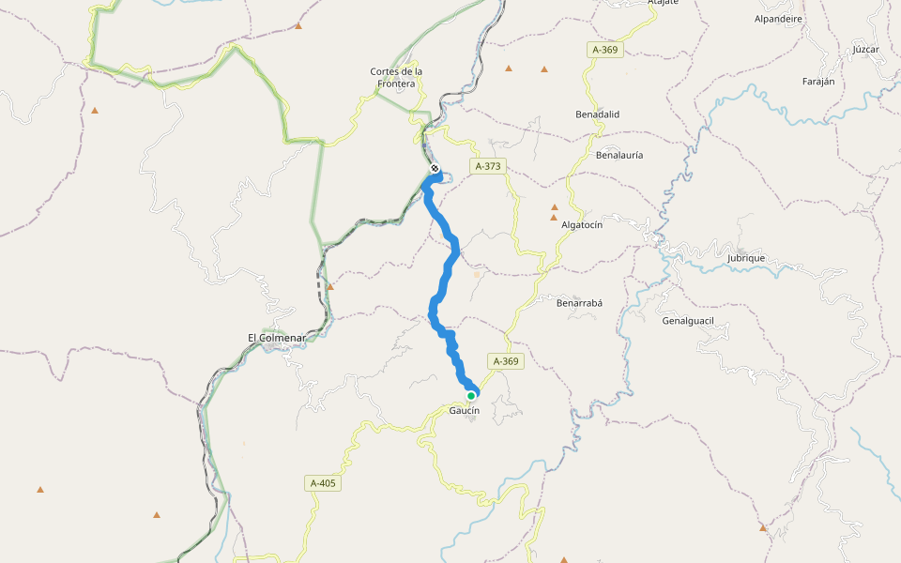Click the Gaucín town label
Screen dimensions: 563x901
tap(464, 411)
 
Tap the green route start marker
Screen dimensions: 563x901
tap(471, 396)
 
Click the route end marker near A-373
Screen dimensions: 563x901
tap(435, 169)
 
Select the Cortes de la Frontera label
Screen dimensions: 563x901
tap(396, 77)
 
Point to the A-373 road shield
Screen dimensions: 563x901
tap(489, 166)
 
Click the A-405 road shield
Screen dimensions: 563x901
tap(322, 483)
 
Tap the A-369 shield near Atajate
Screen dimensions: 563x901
tap(605, 50)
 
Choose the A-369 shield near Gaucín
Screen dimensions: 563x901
tap(505, 361)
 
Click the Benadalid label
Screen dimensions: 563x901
tap(597, 114)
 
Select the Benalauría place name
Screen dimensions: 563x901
tap(618, 155)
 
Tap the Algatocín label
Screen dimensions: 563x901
tap(581, 225)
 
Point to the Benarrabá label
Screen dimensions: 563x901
tap(579, 303)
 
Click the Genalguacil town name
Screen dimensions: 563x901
tap(688, 321)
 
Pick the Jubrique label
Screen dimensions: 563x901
tap(746, 257)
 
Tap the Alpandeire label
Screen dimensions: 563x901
tap(778, 18)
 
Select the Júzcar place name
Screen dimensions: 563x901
tap(865, 49)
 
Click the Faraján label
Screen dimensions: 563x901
tap(818, 82)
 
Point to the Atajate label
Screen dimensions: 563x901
tap(663, 3)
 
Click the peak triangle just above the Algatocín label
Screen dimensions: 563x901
tap(554, 217)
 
